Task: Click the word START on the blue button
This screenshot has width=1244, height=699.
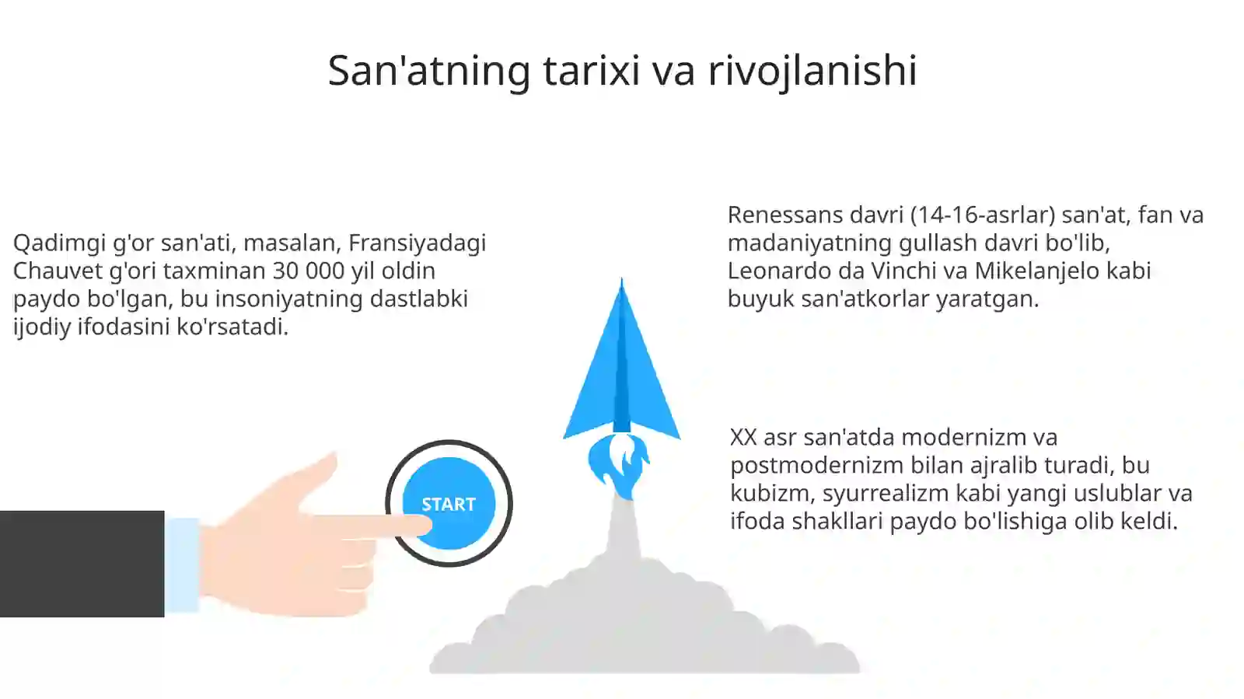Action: (448, 504)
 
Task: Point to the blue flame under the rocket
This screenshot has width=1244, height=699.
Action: (619, 464)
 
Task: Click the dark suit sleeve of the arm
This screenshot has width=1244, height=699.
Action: (82, 564)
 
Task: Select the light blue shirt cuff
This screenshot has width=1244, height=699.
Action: (182, 564)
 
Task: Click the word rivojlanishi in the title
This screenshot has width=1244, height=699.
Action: (812, 70)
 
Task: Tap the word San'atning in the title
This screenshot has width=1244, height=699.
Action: (428, 70)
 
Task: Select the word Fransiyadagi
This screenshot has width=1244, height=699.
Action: (417, 243)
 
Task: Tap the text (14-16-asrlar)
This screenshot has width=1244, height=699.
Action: (982, 215)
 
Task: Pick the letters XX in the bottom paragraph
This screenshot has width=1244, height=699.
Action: (743, 437)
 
